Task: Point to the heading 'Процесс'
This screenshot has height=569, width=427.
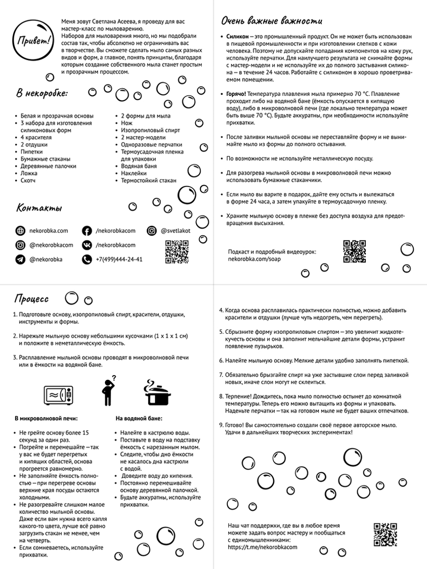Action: pyautogui.click(x=31, y=299)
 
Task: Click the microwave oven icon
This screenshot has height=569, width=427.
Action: pyautogui.click(x=59, y=395)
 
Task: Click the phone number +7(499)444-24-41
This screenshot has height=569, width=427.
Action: pyautogui.click(x=119, y=259)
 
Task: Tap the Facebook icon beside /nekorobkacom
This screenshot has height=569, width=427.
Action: pyautogui.click(x=87, y=231)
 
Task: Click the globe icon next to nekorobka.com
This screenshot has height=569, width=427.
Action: pyautogui.click(x=20, y=231)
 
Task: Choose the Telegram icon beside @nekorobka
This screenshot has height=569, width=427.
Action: pyautogui.click(x=20, y=259)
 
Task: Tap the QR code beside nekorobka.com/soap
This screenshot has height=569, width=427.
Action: pyautogui.click(x=354, y=251)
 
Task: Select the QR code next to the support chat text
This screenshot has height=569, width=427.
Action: pyautogui.click(x=385, y=534)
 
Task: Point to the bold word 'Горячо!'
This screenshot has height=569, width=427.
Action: pyautogui.click(x=237, y=93)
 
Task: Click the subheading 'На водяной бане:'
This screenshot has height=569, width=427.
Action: pyautogui.click(x=139, y=419)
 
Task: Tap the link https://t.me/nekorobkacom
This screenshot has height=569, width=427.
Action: pyautogui.click(x=262, y=546)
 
